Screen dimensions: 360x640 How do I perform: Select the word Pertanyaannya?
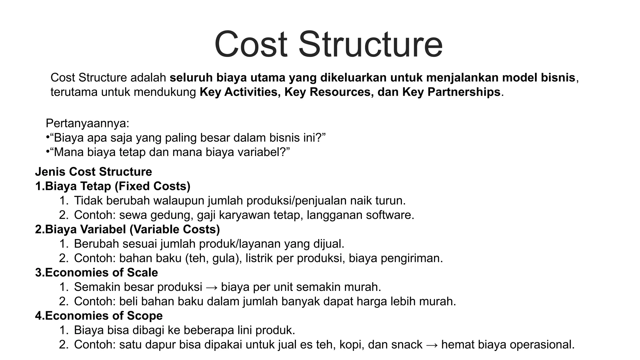pyautogui.click(x=87, y=123)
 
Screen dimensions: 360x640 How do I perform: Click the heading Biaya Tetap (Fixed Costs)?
pyautogui.click(x=117, y=186)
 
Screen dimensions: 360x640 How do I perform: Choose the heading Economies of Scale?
pyautogui.click(x=101, y=272)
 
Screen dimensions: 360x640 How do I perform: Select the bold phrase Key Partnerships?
pyautogui.click(x=451, y=92)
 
